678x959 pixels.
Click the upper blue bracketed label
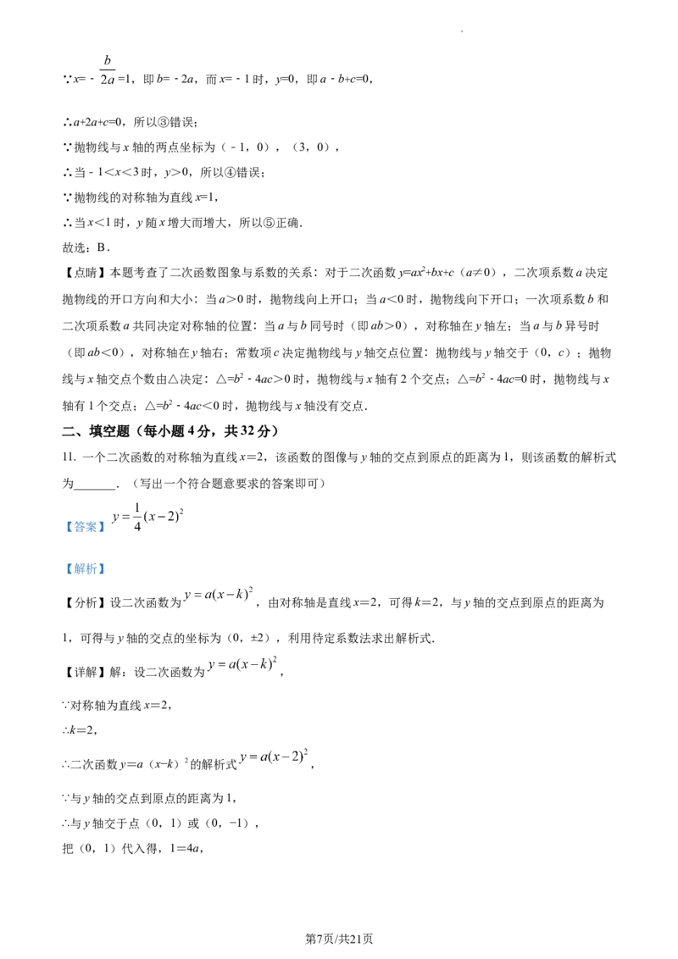pos(85,527)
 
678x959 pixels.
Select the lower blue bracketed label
pos(85,569)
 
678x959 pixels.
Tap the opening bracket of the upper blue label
pos(66,527)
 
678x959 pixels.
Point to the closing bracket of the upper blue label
pos(104,527)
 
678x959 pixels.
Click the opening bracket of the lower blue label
pos(66,569)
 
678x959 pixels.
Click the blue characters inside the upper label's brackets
pos(85,527)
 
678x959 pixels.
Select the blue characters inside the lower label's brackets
pos(85,569)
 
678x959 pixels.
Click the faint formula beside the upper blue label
pos(147,517)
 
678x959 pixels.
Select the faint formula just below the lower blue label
pos(218,596)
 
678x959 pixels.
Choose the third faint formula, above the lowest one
pos(242,667)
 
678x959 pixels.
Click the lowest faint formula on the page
pos(275,756)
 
